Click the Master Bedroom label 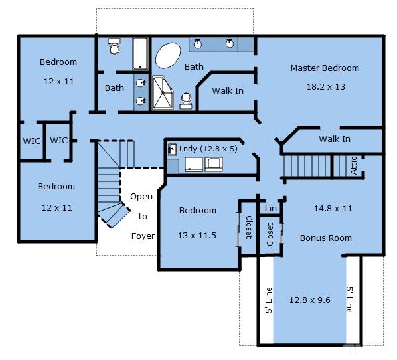pyautogui.click(x=325, y=68)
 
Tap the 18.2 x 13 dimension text pyautogui.click(x=326, y=87)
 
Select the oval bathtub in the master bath pyautogui.click(x=168, y=56)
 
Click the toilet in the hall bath pyautogui.click(x=114, y=46)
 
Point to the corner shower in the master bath pyautogui.click(x=163, y=93)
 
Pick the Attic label pyautogui.click(x=354, y=165)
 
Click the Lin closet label pyautogui.click(x=271, y=209)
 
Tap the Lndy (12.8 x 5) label pyautogui.click(x=208, y=149)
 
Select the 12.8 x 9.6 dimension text pyautogui.click(x=310, y=300)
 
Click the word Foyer pyautogui.click(x=143, y=236)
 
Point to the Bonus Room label pyautogui.click(x=326, y=238)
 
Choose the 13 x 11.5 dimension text pyautogui.click(x=197, y=236)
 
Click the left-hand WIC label pyautogui.click(x=32, y=141)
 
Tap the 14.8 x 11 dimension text pyautogui.click(x=333, y=209)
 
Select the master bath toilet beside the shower pyautogui.click(x=186, y=101)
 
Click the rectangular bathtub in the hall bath pyautogui.click(x=140, y=54)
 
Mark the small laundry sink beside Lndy pyautogui.click(x=173, y=149)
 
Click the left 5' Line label pyautogui.click(x=269, y=300)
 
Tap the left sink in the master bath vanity pyautogui.click(x=197, y=44)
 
